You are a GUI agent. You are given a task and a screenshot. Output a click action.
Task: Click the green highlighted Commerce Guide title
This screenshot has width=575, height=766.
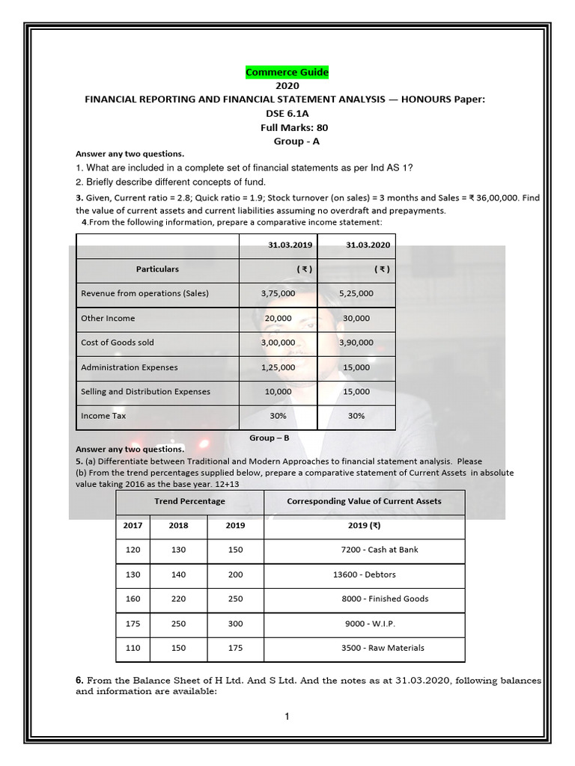287,72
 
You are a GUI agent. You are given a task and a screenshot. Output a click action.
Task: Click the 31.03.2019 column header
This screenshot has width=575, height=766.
278,245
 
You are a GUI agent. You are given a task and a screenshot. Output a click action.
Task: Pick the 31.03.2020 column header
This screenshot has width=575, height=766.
356,245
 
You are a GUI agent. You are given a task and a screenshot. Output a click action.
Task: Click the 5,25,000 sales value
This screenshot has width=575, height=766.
356,293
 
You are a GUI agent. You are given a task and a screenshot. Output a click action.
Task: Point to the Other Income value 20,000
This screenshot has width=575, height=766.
278,318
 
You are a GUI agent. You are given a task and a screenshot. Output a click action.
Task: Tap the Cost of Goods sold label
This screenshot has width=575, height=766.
118,343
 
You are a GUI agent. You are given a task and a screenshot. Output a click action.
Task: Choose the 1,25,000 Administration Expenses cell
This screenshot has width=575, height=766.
278,367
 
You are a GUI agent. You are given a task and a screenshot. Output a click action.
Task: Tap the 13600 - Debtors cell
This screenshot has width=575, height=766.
364,574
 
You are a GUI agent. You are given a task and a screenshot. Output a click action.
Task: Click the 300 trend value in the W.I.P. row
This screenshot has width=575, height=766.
235,623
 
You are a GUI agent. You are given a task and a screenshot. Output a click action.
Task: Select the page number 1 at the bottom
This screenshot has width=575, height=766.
287,717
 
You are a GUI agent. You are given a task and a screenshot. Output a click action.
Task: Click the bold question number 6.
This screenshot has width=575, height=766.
79,681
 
